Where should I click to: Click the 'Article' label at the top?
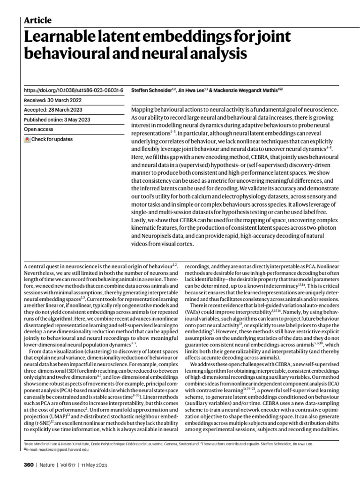pos(37,20)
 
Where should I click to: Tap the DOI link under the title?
pos(73,90)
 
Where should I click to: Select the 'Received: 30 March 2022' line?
pos(53,100)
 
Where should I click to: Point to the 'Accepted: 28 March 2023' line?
pos(53,110)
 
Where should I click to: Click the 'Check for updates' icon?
pos(27,140)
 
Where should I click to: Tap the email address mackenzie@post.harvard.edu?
pos(64,449)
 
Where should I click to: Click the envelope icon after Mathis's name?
pos(281,89)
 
